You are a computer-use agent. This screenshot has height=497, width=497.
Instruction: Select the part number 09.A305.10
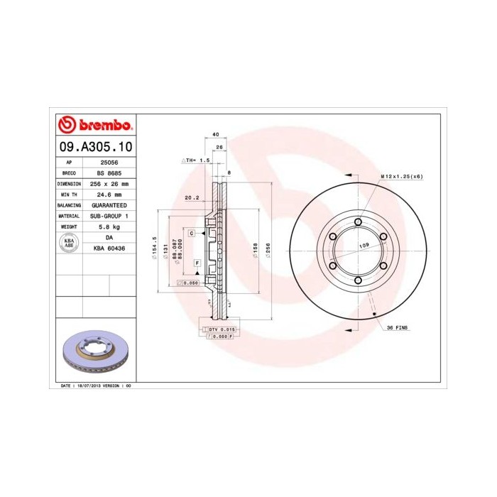point(95,148)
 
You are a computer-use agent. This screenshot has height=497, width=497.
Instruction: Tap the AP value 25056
point(109,163)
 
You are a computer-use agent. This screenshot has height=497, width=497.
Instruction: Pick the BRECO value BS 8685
point(109,173)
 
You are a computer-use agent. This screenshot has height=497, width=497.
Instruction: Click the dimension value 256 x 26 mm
point(109,183)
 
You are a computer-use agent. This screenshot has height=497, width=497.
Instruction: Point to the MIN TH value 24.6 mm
point(109,194)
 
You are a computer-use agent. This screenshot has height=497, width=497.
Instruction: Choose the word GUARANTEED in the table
point(109,204)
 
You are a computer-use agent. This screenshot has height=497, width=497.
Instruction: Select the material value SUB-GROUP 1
point(109,215)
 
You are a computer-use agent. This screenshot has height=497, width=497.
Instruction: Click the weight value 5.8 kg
point(109,226)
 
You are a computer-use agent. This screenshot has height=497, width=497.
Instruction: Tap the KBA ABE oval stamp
point(70,242)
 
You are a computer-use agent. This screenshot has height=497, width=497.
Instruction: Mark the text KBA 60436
point(109,248)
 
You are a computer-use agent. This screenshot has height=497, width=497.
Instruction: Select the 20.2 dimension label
point(190,198)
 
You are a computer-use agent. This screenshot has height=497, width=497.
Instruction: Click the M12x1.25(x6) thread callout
point(401,175)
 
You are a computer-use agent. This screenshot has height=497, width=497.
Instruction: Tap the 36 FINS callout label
point(398,327)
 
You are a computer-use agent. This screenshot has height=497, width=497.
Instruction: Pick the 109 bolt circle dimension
point(364,245)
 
